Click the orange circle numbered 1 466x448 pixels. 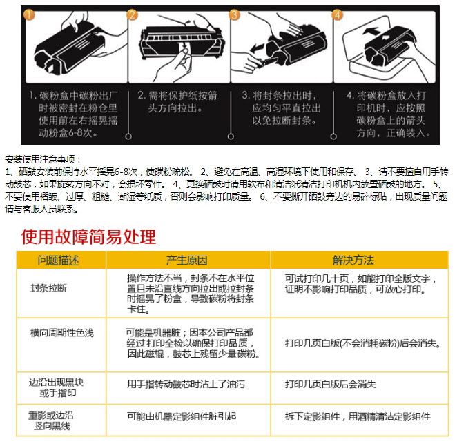(x=29, y=14)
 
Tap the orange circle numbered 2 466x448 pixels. (x=133, y=14)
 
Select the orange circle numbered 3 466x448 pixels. (x=235, y=14)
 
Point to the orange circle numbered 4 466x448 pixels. (x=338, y=14)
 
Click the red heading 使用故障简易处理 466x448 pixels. (x=88, y=236)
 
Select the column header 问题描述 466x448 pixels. (x=58, y=261)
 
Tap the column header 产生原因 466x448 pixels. (x=186, y=261)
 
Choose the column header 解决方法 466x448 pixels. (x=353, y=261)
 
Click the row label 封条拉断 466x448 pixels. (x=49, y=288)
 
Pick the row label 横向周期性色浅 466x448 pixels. (x=62, y=333)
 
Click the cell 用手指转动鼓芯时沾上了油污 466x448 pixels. (x=186, y=384)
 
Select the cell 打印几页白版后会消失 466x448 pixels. (x=330, y=384)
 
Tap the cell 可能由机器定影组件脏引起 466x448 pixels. (x=182, y=416)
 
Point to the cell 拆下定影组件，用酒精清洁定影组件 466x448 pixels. (x=358, y=416)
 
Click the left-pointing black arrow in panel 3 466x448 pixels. (x=257, y=48)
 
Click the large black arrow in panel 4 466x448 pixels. (x=371, y=30)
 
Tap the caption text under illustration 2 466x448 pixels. (x=177, y=102)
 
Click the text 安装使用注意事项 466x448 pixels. (x=43, y=159)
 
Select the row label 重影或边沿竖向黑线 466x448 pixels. (x=51, y=420)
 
